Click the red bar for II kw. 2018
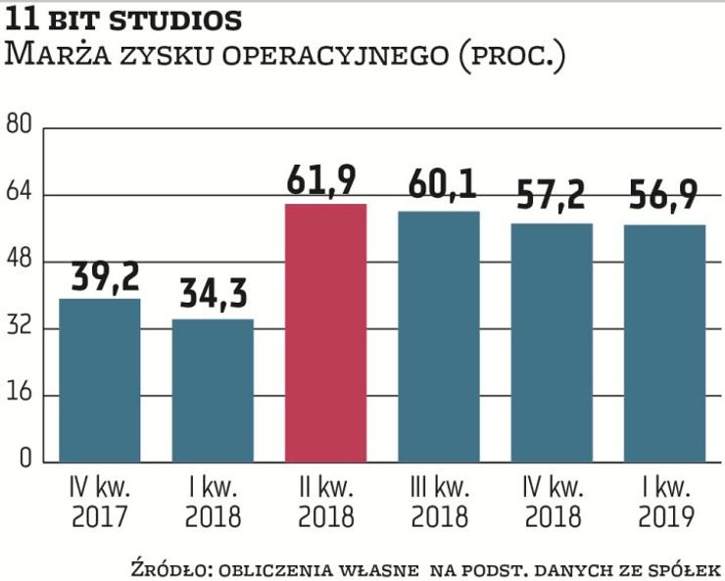click(325, 333)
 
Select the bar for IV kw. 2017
click(100, 380)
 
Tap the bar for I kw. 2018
click(213, 390)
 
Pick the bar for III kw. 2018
click(438, 336)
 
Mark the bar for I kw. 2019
click(664, 343)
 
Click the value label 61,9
click(321, 181)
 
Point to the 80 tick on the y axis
click(20, 124)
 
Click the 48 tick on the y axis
click(20, 261)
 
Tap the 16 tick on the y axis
click(20, 395)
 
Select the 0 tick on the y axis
click(25, 461)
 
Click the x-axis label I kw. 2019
click(664, 501)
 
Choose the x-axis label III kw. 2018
click(438, 501)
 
